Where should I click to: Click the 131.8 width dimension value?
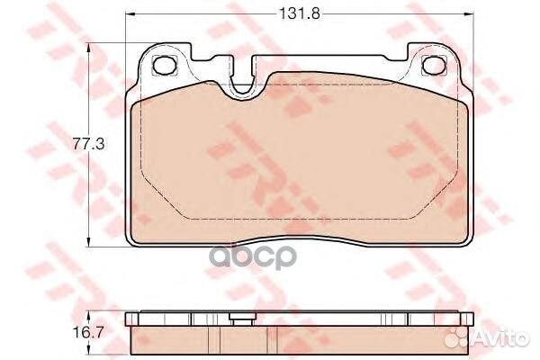(x=299, y=13)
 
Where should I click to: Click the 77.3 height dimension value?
(x=88, y=144)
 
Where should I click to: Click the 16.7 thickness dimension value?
(x=88, y=333)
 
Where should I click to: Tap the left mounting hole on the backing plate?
(x=165, y=65)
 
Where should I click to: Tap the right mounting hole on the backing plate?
(x=434, y=65)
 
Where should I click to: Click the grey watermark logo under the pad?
(x=254, y=256)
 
